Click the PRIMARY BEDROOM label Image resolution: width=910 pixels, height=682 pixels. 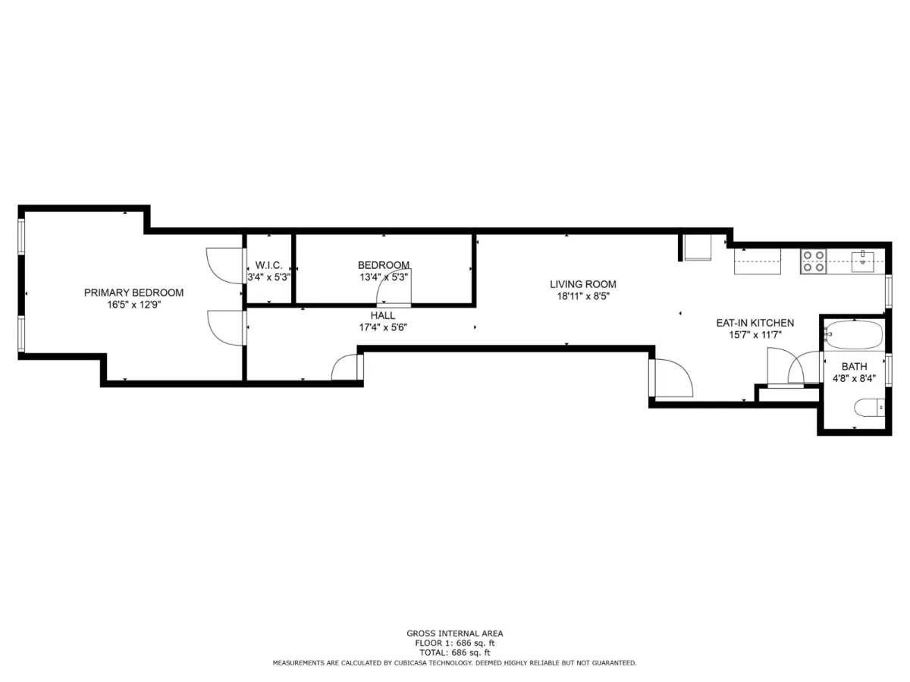[133, 293]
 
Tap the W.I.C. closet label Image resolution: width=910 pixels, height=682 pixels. [268, 265]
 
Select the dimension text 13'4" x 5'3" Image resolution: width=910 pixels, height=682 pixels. [384, 277]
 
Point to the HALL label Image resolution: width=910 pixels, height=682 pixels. [383, 315]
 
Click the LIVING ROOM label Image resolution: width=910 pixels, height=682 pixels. [583, 284]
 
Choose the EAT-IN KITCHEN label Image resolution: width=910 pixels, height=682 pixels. [755, 323]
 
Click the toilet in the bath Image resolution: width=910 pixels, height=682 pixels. [869, 408]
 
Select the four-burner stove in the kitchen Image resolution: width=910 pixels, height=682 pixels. [814, 261]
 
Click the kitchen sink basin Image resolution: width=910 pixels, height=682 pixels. [862, 262]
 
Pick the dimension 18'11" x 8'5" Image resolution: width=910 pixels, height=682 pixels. [583, 296]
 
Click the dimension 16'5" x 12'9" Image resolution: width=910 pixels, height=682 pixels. [133, 305]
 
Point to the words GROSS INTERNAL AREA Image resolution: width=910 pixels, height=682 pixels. [455, 634]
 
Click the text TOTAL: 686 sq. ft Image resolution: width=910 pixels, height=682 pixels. [455, 652]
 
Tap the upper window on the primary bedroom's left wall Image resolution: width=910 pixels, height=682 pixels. [22, 236]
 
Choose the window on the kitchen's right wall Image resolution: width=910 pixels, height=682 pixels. [888, 292]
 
